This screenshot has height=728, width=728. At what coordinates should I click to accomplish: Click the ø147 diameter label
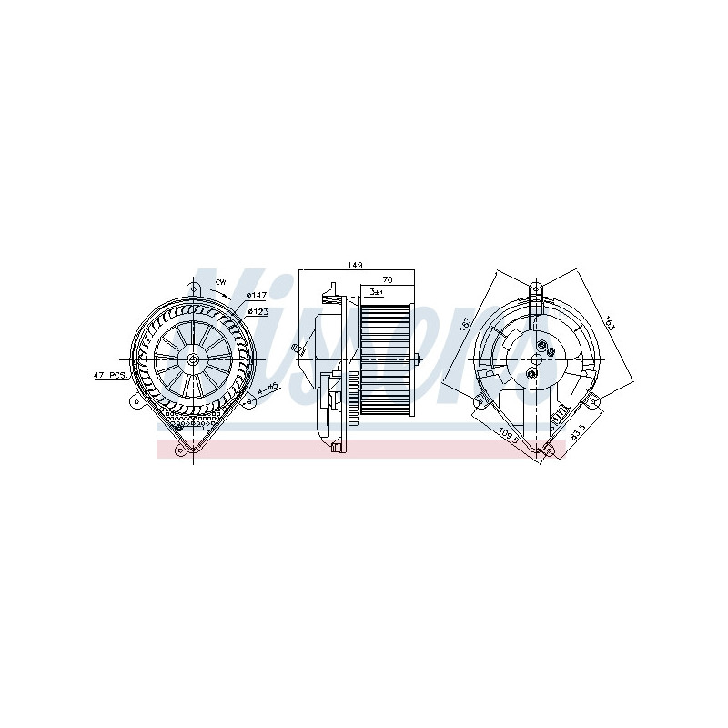(257, 296)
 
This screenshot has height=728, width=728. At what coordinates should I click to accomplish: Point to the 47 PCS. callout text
(109, 375)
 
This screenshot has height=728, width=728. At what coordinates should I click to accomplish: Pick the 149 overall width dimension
(355, 265)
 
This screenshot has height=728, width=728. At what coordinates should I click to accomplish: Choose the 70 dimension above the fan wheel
(387, 280)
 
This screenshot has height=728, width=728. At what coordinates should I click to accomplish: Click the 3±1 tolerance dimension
(376, 292)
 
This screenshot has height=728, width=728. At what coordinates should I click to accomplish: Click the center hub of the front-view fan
(194, 359)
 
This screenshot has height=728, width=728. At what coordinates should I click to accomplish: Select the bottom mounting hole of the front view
(194, 445)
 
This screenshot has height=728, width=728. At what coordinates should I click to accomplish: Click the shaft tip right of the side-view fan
(420, 359)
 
